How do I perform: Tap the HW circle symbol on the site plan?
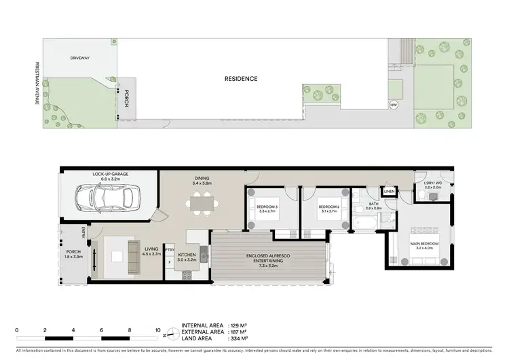pyautogui.click(x=393, y=105)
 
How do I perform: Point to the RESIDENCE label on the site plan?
pyautogui.click(x=241, y=79)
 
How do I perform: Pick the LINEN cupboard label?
pyautogui.click(x=389, y=192)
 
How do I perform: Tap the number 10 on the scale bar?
pyautogui.click(x=157, y=331)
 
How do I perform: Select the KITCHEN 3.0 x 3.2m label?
pyautogui.click(x=187, y=257)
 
